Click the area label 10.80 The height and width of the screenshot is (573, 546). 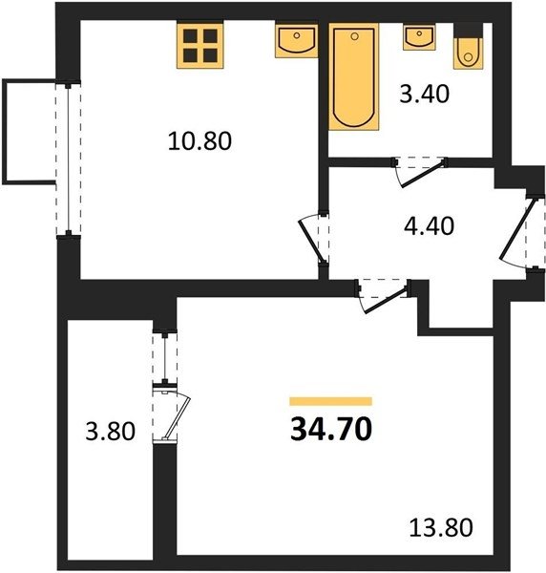click(x=199, y=141)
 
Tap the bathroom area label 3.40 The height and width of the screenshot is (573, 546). click(x=424, y=94)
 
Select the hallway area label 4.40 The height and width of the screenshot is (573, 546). click(x=430, y=225)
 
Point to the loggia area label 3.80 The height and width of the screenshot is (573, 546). click(x=111, y=432)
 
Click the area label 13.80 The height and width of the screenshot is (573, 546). click(x=441, y=528)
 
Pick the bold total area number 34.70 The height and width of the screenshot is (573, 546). click(x=331, y=429)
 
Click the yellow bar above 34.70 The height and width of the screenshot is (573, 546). click(x=330, y=401)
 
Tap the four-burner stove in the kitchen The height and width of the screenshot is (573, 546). click(x=200, y=45)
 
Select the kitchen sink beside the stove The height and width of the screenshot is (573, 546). click(x=297, y=41)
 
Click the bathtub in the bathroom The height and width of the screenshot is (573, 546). click(x=354, y=76)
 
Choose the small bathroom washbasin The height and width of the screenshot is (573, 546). click(x=419, y=36)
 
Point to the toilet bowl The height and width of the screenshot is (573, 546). click(x=468, y=53)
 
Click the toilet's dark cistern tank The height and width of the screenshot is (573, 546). click(x=469, y=31)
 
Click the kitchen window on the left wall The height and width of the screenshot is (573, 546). click(x=69, y=159)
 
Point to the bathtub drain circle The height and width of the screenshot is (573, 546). click(x=354, y=36)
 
